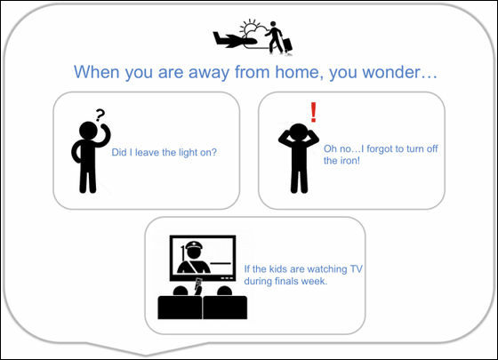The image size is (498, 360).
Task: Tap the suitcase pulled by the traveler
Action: (x=286, y=45)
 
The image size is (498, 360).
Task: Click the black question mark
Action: (x=100, y=116)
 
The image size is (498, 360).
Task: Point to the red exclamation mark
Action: (x=313, y=112)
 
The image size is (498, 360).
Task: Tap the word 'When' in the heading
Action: (x=97, y=72)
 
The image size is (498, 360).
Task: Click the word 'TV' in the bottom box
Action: (x=356, y=269)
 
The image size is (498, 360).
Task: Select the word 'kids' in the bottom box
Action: (x=277, y=269)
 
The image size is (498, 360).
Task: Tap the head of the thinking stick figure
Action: (x=88, y=131)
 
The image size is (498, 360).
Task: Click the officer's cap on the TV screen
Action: (x=194, y=245)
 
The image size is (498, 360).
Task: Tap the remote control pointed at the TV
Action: (x=199, y=283)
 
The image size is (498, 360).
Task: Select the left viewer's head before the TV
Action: (x=180, y=292)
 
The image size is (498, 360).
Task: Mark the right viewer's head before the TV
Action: (x=224, y=292)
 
